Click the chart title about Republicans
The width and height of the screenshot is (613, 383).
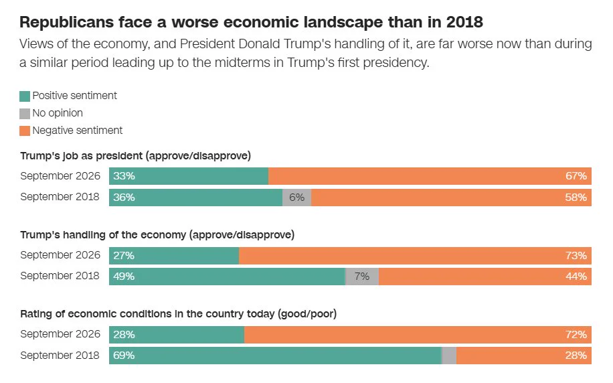point(251,22)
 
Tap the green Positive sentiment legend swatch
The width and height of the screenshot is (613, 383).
point(25,96)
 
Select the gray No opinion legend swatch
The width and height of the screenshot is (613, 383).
point(25,113)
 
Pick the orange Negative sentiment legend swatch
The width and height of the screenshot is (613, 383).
point(25,131)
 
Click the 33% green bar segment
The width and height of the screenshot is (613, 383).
point(189,176)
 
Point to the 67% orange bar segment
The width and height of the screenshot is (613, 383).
point(430,176)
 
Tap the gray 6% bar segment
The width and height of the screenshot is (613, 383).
point(296,197)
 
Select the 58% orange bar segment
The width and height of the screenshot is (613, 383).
point(451,197)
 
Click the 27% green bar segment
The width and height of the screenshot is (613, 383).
point(174,256)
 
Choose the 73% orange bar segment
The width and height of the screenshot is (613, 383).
point(415,256)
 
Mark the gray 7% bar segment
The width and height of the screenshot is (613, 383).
point(362,277)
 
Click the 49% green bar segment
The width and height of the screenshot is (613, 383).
point(227,277)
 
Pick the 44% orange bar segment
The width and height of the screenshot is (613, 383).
point(485,277)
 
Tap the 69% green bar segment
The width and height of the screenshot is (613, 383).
point(275,356)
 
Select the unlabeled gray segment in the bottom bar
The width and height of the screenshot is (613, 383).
point(449,356)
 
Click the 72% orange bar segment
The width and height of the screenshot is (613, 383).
point(418,335)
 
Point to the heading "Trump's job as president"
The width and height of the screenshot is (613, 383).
point(82,156)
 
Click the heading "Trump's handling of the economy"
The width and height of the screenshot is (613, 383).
point(103,235)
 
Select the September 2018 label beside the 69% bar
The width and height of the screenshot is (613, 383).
point(60,356)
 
